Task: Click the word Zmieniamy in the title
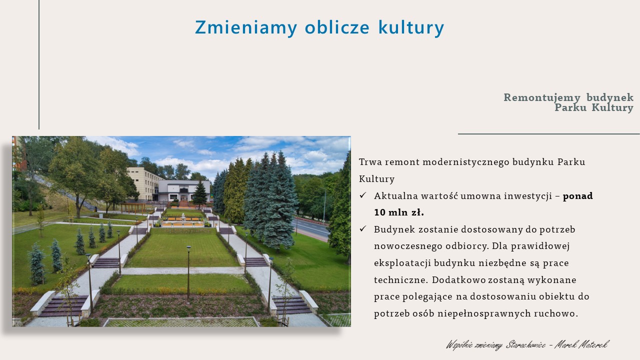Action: coord(246,27)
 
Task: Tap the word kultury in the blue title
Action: coord(411,27)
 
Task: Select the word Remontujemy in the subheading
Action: coord(542,97)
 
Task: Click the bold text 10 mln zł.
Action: coord(399,212)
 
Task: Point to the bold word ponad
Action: coord(577,196)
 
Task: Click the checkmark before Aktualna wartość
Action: coord(363,195)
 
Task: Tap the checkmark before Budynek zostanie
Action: coord(363,229)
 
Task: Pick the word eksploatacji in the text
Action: coord(402,263)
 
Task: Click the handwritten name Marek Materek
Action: coord(582,345)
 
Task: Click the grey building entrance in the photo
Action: coord(184,196)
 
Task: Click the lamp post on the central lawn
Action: coord(188,272)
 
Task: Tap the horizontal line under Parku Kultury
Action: coord(549,133)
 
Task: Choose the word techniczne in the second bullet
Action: coord(401,280)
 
